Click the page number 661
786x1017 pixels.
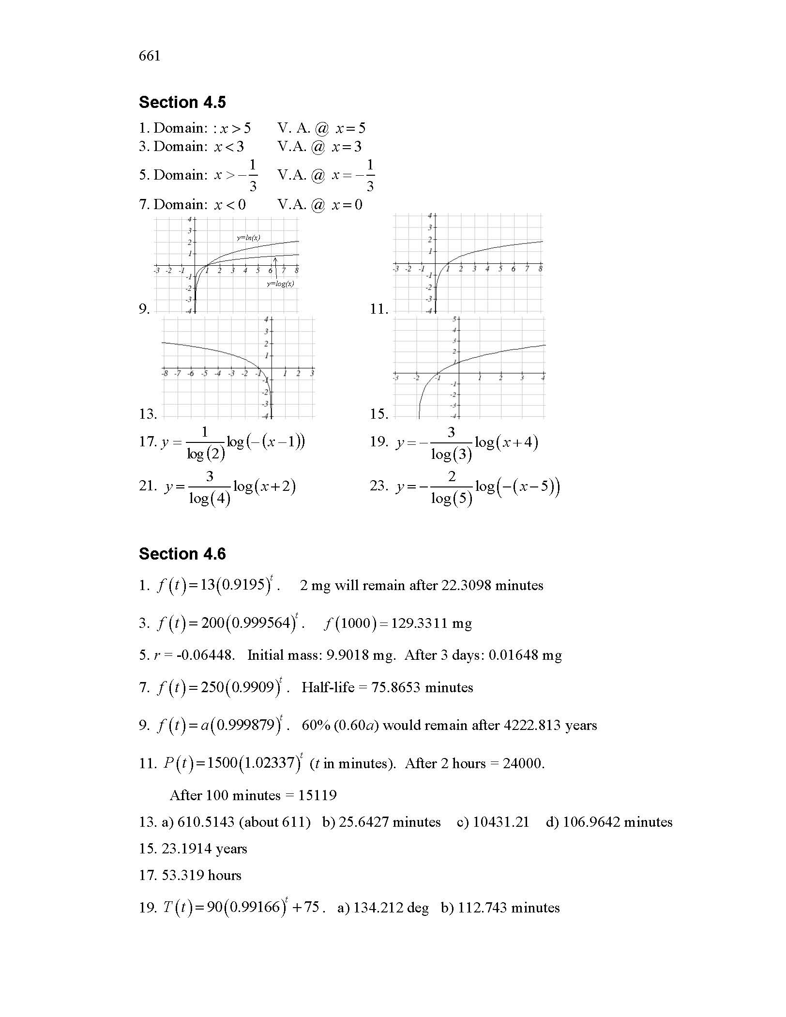(149, 56)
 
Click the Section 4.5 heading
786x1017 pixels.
(182, 102)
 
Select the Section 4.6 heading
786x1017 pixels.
(182, 554)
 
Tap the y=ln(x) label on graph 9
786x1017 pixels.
(248, 238)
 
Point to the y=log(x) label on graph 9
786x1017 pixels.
(280, 284)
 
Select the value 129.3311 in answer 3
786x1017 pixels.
(417, 623)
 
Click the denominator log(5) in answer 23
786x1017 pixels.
(451, 498)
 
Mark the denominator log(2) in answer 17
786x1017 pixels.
(206, 454)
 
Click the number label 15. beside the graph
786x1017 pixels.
(379, 414)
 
